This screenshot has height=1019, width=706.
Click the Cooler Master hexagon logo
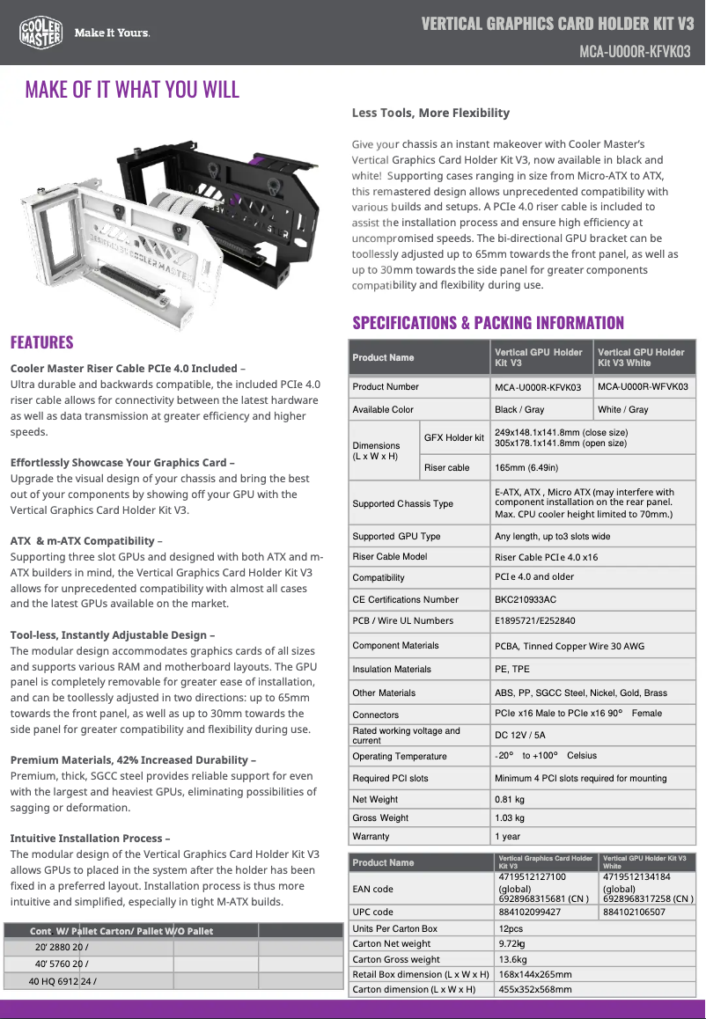pyautogui.click(x=40, y=33)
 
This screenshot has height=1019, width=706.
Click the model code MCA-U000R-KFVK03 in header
pyautogui.click(x=634, y=52)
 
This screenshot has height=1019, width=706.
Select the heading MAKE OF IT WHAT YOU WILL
pyautogui.click(x=132, y=90)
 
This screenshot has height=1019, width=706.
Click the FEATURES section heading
pyautogui.click(x=41, y=342)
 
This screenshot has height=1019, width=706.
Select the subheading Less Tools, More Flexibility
pyautogui.click(x=430, y=113)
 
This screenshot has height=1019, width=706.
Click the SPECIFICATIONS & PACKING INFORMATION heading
pyautogui.click(x=488, y=323)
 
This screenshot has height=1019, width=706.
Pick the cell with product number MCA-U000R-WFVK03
pyautogui.click(x=643, y=386)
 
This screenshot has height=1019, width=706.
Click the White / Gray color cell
pyautogui.click(x=623, y=409)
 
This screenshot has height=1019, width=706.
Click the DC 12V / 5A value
pyautogui.click(x=520, y=735)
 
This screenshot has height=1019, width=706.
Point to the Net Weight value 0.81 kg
pyautogui.click(x=510, y=799)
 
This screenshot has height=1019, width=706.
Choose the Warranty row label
pyautogui.click(x=371, y=836)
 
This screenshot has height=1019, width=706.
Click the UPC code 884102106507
pyautogui.click(x=634, y=912)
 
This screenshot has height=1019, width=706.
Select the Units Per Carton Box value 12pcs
pyautogui.click(x=511, y=928)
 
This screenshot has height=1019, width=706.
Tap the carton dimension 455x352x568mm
pyautogui.click(x=534, y=989)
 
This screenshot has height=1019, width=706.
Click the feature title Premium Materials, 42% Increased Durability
pyautogui.click(x=134, y=759)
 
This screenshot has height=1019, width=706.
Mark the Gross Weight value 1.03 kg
pyautogui.click(x=510, y=817)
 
